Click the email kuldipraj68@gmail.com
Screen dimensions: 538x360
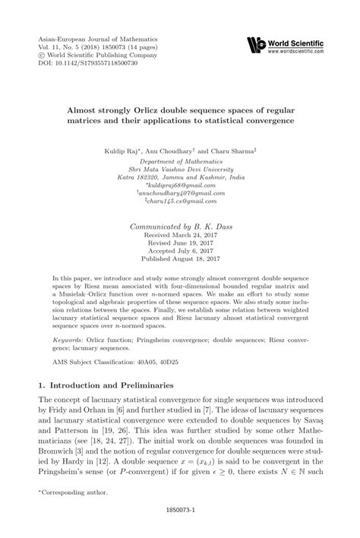pos(180,185)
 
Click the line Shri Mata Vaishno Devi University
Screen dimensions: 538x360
pos(180,167)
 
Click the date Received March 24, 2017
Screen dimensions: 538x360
pos(180,237)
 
